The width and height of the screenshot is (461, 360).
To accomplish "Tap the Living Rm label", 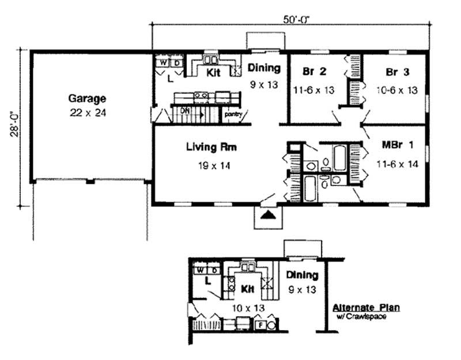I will pos(211,147).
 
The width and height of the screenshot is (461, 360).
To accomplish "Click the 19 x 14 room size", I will pos(211,167).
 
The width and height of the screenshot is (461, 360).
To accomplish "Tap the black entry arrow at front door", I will pos(266,215).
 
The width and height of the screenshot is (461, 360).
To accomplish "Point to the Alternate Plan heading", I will pos(366,308).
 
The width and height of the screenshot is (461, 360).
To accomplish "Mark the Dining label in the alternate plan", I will pos(302,275).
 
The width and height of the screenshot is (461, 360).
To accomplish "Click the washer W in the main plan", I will pos(163,60).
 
